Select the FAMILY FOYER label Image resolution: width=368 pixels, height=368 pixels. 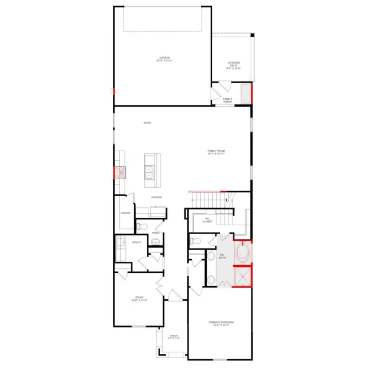pyautogui.click(x=227, y=100)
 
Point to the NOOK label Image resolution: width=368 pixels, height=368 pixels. pyautogui.click(x=147, y=123)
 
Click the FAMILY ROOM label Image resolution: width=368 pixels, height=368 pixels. pyautogui.click(x=216, y=152)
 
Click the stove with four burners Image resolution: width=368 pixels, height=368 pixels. pyautogui.click(x=120, y=173)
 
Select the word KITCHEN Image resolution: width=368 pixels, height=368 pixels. pyautogui.click(x=157, y=197)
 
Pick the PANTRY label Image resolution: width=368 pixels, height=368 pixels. pyautogui.click(x=125, y=213)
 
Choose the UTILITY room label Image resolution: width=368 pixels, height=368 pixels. pyautogui.click(x=137, y=242)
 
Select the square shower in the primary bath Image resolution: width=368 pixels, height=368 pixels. pyautogui.click(x=243, y=277)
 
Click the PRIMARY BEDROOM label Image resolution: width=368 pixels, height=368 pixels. pyautogui.click(x=221, y=323)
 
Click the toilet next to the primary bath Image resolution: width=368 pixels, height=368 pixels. pyautogui.click(x=195, y=241)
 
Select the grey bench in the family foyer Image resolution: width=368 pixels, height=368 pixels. pyautogui.click(x=246, y=94)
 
